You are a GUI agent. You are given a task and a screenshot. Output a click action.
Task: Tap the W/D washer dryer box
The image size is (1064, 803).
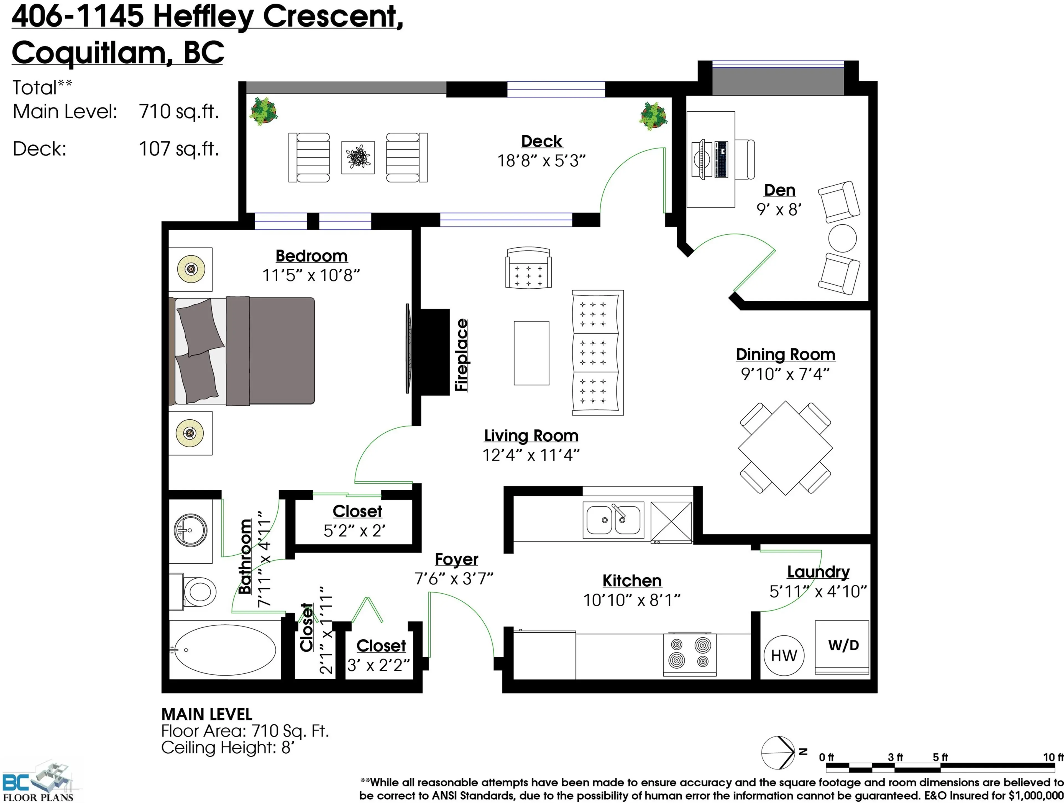(842, 647)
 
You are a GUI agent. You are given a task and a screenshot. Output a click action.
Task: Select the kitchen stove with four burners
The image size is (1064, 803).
(689, 654)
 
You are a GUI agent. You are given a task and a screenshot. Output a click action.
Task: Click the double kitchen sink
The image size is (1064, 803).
(613, 520)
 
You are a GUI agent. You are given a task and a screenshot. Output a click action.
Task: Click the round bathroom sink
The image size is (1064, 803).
(190, 530)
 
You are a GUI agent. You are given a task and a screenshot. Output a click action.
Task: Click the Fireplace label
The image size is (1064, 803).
(462, 355)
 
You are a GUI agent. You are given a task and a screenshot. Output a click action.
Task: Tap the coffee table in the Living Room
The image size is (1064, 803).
(531, 353)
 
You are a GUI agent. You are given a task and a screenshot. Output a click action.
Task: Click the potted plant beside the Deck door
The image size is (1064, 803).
(653, 116)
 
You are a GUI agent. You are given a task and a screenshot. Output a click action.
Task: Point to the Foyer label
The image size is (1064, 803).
(456, 559)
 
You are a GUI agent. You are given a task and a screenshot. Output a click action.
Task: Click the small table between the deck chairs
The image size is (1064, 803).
(358, 157)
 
